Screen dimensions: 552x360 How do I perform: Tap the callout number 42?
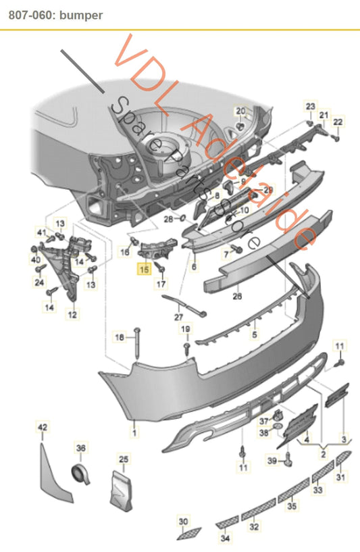click(x=43, y=426)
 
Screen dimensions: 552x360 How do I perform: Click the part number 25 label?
click(x=124, y=459)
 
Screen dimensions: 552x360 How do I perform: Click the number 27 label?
click(x=179, y=316)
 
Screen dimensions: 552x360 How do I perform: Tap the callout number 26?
click(x=237, y=295)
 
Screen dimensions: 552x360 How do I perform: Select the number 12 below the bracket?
click(x=72, y=314)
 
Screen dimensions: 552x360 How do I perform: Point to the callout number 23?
click(x=310, y=106)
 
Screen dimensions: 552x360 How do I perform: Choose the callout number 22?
click(x=338, y=122)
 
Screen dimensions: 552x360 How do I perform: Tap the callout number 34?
click(x=225, y=538)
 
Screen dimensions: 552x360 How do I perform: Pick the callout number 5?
click(x=255, y=333)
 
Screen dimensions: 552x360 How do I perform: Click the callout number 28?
click(x=168, y=218)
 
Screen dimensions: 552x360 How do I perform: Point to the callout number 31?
click(x=340, y=478)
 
